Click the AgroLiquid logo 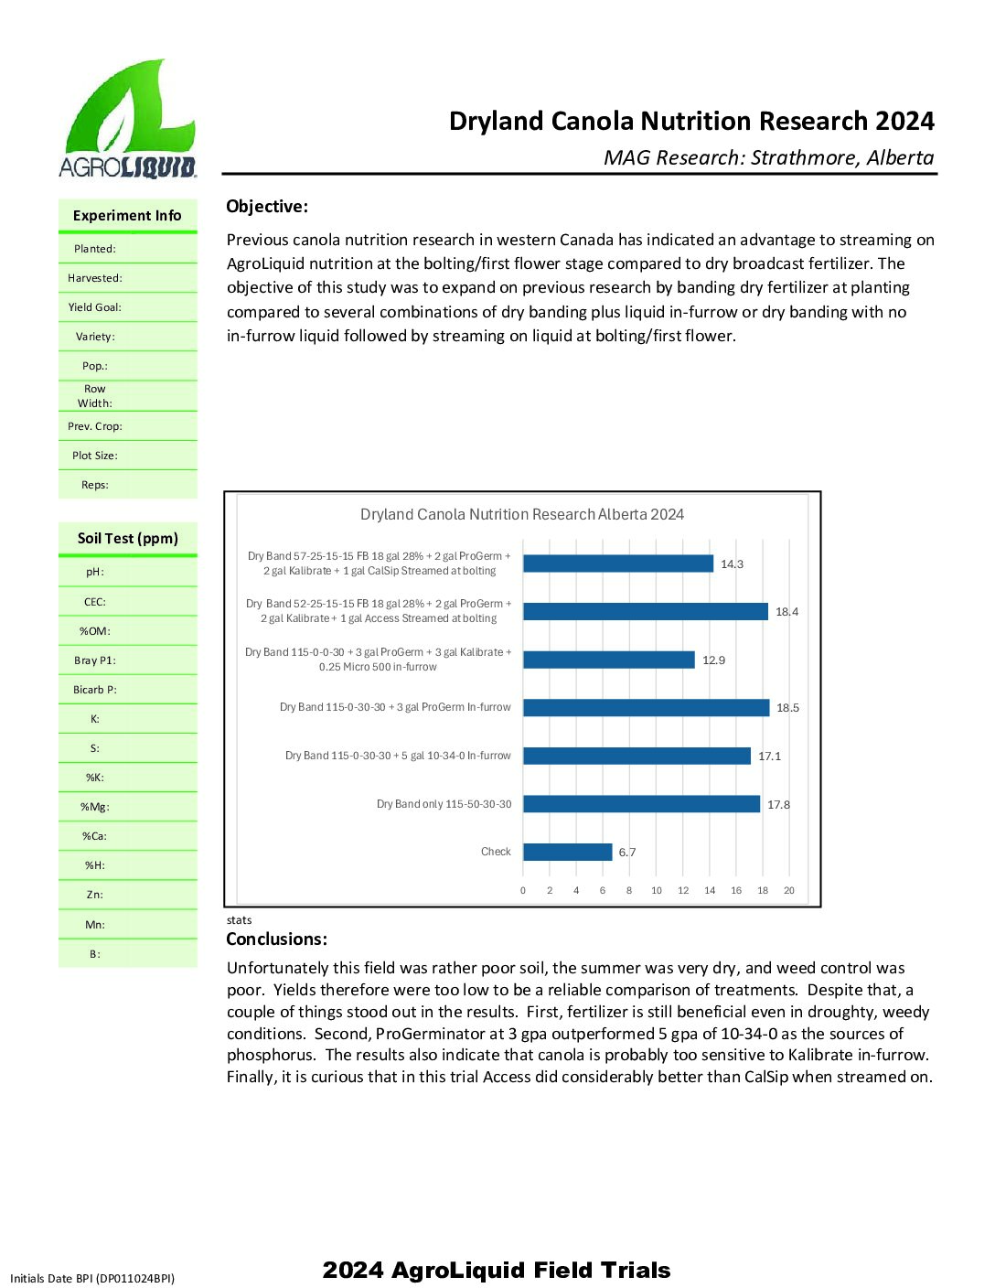tap(127, 119)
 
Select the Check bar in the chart tap(567, 852)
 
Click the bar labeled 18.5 tap(646, 708)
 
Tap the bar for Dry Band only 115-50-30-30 tap(641, 804)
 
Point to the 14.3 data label tap(732, 564)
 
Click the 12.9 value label tap(713, 660)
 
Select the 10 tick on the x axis tap(656, 890)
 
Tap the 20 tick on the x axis tap(788, 890)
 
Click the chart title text tap(521, 514)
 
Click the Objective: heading tap(267, 207)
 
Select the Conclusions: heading tap(276, 939)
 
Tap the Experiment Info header tap(127, 216)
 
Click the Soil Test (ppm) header tap(127, 539)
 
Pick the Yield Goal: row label tap(94, 307)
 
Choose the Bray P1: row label tap(94, 660)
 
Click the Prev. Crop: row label tap(94, 426)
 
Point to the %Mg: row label tap(94, 807)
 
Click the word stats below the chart tap(239, 920)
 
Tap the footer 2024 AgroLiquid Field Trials tap(497, 1270)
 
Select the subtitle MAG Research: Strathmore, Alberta tap(768, 157)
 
